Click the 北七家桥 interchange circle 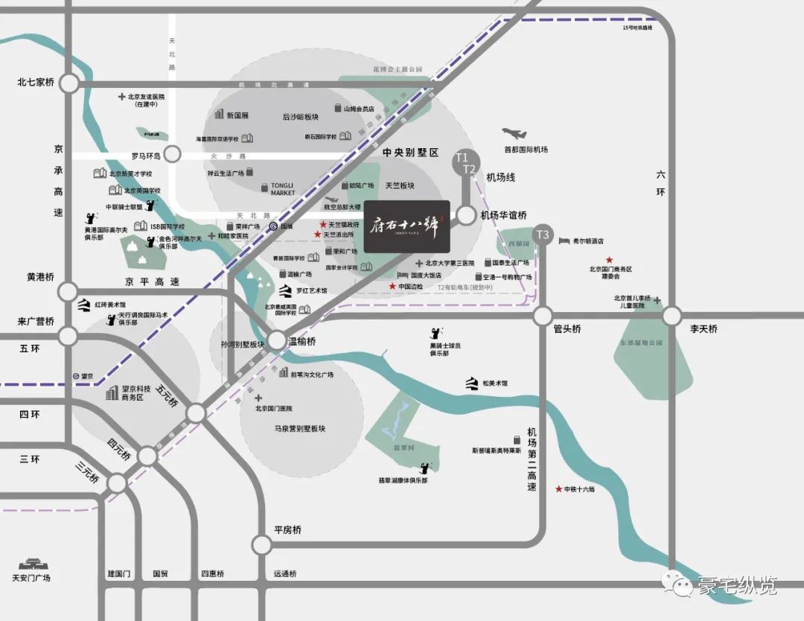point(68,84)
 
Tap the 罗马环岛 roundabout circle point(173,155)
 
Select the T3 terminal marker point(543,235)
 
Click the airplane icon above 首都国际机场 point(514,134)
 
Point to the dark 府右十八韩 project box point(407,226)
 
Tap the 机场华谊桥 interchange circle point(465,216)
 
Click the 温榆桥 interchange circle point(277,341)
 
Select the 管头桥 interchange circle point(543,316)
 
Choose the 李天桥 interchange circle point(672,316)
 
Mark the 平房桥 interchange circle point(261,544)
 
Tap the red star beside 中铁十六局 point(558,489)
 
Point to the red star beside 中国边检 point(392,287)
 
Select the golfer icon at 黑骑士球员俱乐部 point(434,336)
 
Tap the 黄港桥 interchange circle point(68,291)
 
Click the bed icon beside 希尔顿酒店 point(564,241)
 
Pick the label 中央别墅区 point(411,152)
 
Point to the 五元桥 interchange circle point(197,413)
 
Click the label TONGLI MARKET point(283,188)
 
